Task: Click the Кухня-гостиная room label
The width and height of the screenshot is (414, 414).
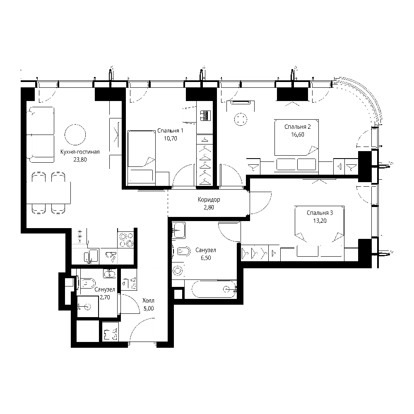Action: [80, 152]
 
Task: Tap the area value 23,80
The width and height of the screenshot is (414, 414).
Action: [80, 160]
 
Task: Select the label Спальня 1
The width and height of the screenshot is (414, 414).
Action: [170, 131]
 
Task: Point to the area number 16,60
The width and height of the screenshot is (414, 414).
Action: [298, 135]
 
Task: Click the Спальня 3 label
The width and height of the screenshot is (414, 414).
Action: [320, 213]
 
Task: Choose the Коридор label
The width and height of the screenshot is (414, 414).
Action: [209, 200]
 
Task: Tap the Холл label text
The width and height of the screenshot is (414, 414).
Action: [148, 301]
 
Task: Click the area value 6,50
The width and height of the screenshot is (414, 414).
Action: [206, 258]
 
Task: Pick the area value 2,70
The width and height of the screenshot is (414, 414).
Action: [105, 297]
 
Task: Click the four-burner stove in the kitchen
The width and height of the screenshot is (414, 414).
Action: [126, 239]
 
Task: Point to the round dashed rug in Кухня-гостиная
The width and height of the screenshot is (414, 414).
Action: [75, 135]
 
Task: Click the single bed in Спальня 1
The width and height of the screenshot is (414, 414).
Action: [141, 156]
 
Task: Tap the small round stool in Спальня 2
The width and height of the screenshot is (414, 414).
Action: [241, 119]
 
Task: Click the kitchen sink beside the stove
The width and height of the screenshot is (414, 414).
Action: [111, 256]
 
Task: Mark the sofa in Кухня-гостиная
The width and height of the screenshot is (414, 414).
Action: [41, 135]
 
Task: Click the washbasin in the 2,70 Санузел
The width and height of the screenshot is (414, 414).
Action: [109, 274]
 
